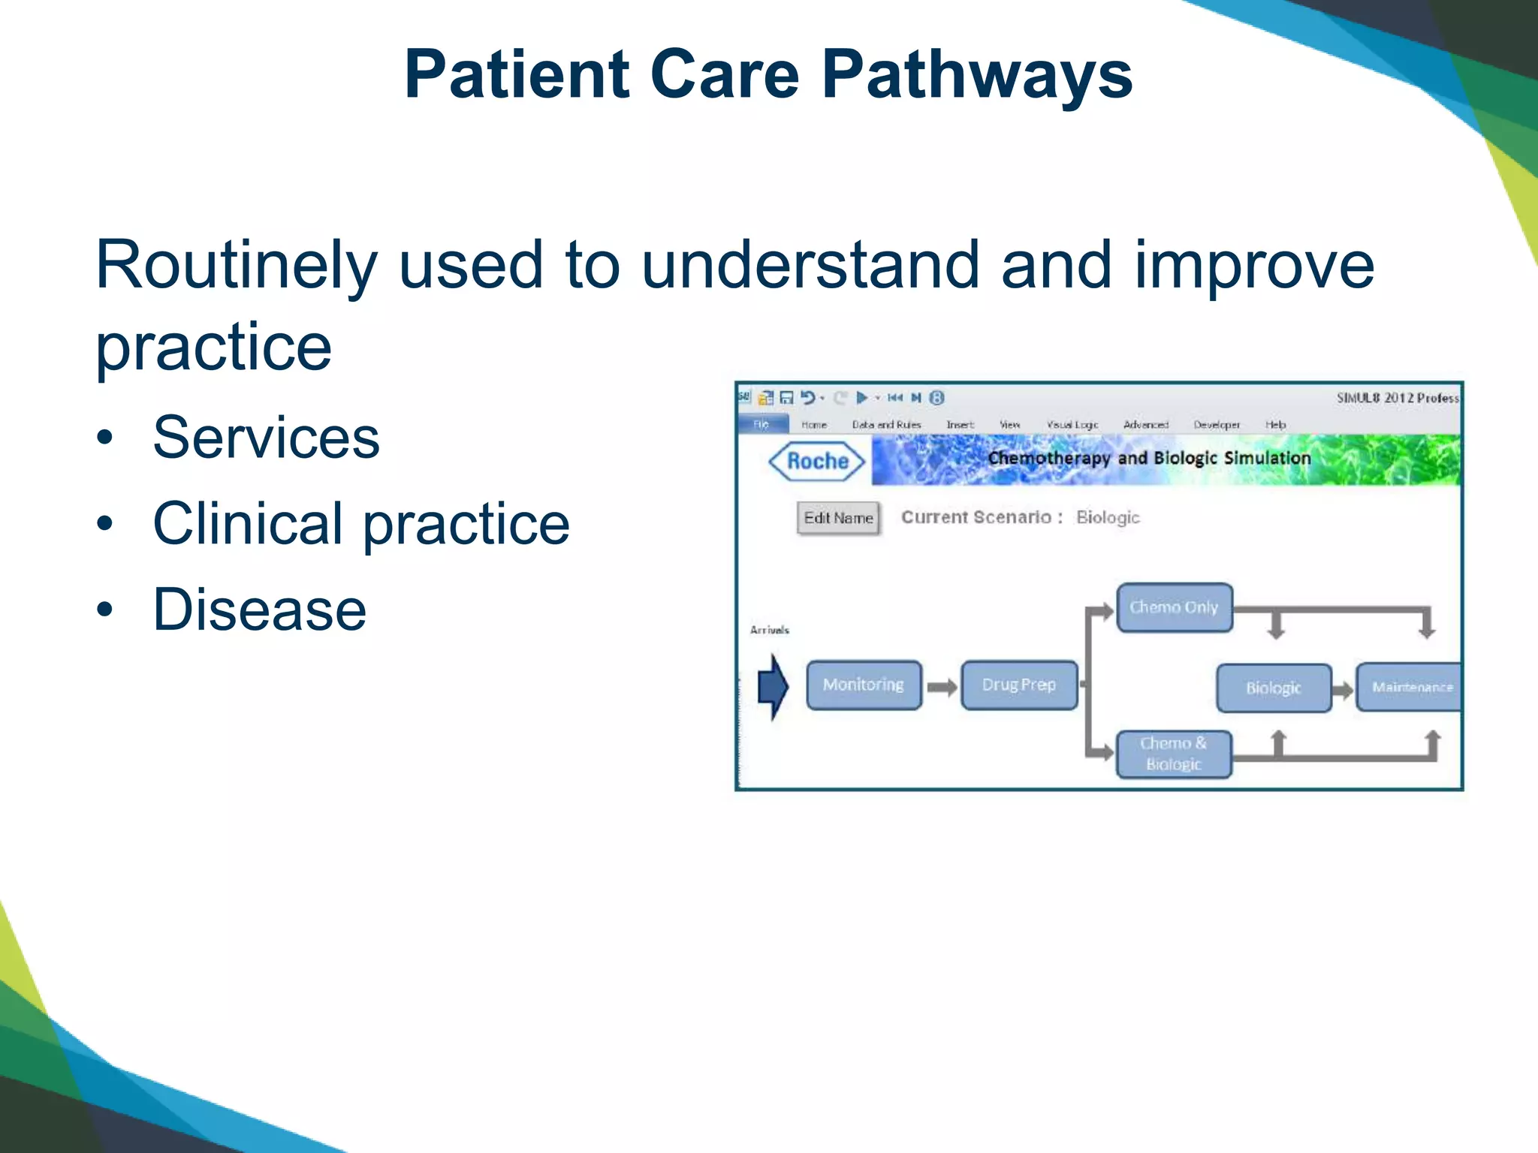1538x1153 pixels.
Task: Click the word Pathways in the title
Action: pyautogui.click(x=976, y=75)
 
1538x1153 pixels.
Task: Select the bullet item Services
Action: pyautogui.click(x=266, y=438)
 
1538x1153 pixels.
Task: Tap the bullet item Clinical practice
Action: pyautogui.click(x=360, y=523)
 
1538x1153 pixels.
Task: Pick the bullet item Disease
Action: pyautogui.click(x=259, y=610)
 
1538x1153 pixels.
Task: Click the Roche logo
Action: pyautogui.click(x=817, y=461)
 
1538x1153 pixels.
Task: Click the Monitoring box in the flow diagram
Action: pyautogui.click(x=864, y=685)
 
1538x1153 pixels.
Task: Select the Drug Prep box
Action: pyautogui.click(x=1019, y=685)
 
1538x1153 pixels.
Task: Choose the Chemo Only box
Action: pyautogui.click(x=1174, y=607)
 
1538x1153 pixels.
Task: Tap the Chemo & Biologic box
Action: pyautogui.click(x=1174, y=754)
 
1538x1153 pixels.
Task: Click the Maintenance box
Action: pyautogui.click(x=1410, y=687)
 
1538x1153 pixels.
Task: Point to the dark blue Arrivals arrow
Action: pyautogui.click(x=773, y=686)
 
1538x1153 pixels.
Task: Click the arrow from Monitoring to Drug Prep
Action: pyautogui.click(x=942, y=687)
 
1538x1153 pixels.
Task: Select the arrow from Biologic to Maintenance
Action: pyautogui.click(x=1343, y=688)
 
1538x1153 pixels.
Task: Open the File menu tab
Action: pyautogui.click(x=761, y=424)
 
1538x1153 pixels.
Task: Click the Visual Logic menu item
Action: pyautogui.click(x=1072, y=425)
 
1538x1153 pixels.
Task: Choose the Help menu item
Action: pyautogui.click(x=1275, y=425)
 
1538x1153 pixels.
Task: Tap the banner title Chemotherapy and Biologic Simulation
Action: pyautogui.click(x=1149, y=458)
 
